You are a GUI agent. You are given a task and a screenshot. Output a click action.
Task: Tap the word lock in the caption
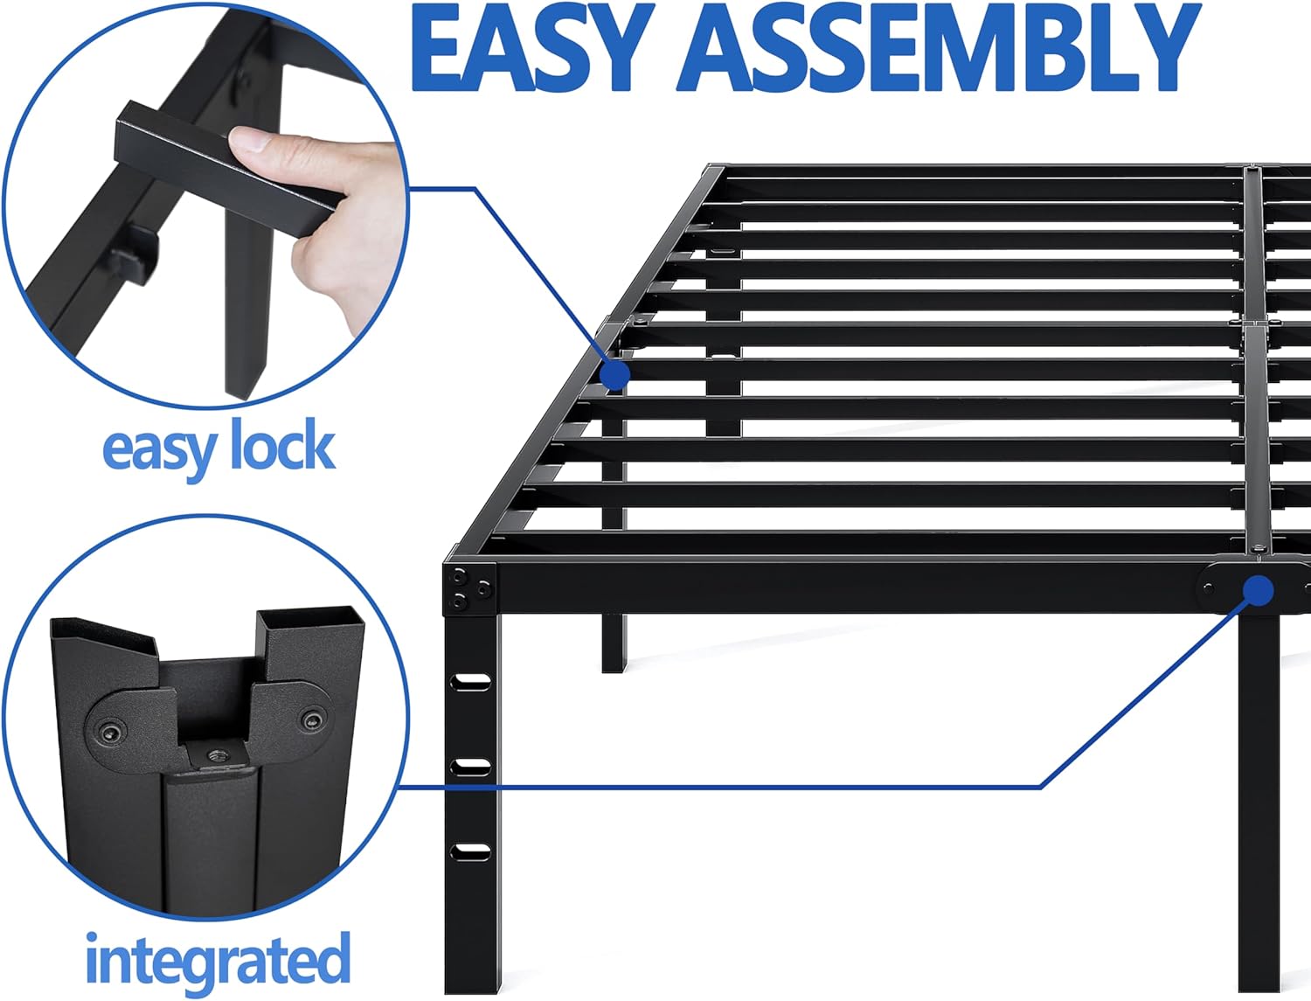click(x=281, y=448)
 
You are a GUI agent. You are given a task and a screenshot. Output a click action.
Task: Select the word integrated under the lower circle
click(x=218, y=960)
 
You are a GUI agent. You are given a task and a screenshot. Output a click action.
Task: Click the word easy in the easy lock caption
click(x=158, y=449)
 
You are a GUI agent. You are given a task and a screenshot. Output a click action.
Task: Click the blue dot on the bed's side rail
click(x=615, y=374)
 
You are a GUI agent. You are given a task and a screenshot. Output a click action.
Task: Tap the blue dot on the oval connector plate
click(x=1258, y=591)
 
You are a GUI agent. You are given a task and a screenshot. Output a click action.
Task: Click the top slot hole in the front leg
click(x=472, y=682)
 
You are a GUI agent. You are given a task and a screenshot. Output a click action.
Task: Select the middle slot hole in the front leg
click(x=472, y=766)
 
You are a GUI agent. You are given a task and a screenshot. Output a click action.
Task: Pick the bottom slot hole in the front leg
click(x=472, y=850)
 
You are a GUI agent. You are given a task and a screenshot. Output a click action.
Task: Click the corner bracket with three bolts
click(x=470, y=588)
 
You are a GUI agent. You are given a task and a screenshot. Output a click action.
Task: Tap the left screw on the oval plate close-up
click(x=108, y=732)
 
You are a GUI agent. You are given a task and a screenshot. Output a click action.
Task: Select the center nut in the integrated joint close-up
click(x=212, y=753)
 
